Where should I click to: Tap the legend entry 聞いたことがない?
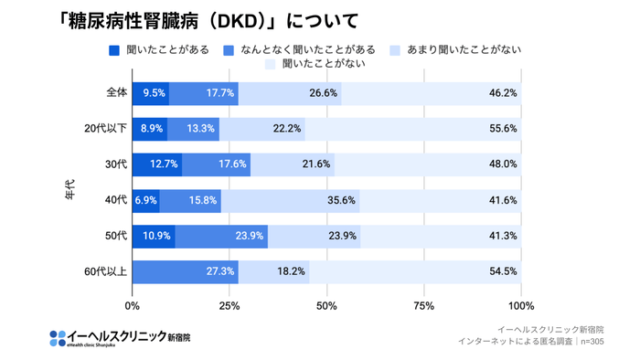pos(315,64)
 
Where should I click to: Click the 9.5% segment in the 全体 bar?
pos(151,92)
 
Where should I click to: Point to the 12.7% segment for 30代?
pos(156,164)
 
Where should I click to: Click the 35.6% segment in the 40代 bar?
pos(290,200)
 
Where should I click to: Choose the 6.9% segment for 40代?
pos(145,200)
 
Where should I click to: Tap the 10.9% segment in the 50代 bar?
pos(154,236)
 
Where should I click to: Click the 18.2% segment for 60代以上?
pos(273,271)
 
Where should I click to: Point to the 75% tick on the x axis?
pos(424,306)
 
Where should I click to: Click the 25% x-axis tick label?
pos(229,306)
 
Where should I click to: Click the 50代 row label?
pos(114,236)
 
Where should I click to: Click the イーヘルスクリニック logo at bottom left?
pos(120,338)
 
